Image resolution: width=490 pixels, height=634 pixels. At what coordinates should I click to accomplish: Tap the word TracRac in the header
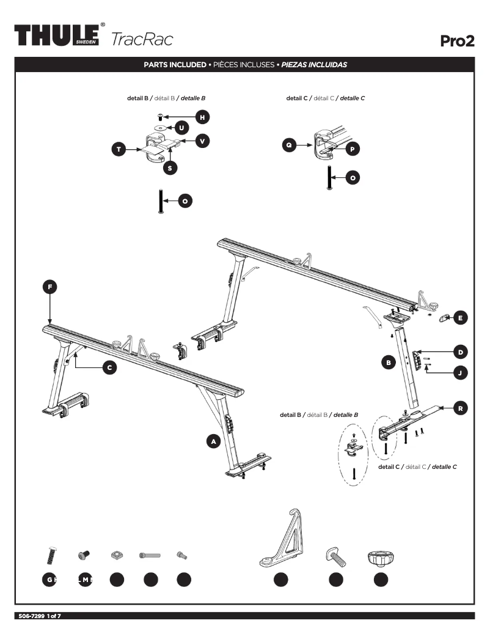point(142,39)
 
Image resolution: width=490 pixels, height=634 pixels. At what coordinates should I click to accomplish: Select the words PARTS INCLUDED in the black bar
point(175,64)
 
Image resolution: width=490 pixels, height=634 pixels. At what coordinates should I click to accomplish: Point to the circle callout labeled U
point(181,127)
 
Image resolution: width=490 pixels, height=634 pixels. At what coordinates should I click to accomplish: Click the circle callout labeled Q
point(290,145)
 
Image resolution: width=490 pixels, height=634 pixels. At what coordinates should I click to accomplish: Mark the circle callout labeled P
point(353,149)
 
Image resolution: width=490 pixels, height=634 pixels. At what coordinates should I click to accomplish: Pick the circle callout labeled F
point(50,286)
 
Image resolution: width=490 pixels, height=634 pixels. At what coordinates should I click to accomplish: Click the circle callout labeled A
point(213,441)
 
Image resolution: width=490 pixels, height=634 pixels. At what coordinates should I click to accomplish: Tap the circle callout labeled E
point(460,317)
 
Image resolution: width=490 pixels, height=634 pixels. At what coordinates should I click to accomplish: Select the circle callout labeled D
point(460,352)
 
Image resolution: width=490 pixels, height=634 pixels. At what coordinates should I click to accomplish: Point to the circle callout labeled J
point(460,372)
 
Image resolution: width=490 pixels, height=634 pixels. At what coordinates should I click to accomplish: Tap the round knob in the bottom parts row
point(380,558)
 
